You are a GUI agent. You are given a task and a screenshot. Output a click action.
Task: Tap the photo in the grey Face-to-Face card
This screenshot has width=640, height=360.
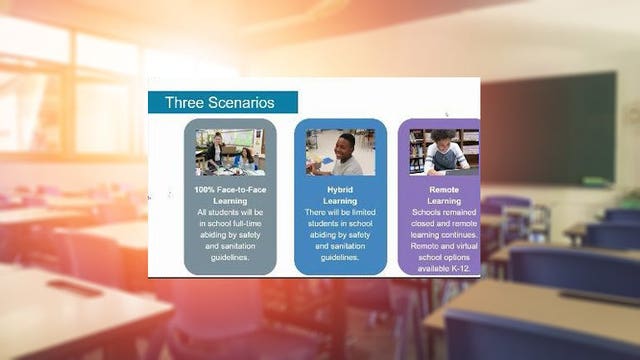(x=230, y=152)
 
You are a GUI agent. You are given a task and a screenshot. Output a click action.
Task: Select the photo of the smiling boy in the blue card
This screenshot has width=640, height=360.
(x=340, y=152)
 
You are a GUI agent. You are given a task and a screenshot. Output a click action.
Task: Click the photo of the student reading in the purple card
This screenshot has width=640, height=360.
(x=444, y=152)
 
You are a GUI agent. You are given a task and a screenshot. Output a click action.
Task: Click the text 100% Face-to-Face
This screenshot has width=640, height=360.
(x=230, y=189)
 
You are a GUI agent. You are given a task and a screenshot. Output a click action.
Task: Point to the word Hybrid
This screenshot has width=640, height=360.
(x=340, y=189)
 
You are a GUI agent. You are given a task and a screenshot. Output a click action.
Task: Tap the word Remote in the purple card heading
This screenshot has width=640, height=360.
(x=444, y=189)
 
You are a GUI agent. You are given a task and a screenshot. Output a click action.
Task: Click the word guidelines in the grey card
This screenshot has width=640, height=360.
(x=230, y=256)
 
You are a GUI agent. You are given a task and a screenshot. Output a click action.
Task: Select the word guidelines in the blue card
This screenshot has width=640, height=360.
(x=340, y=256)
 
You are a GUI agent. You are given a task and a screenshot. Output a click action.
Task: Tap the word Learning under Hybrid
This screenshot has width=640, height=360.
(x=340, y=201)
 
